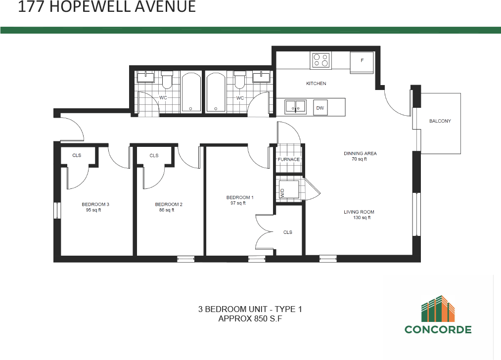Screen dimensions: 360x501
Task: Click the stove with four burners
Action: point(321,60)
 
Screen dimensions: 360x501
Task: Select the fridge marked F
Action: point(362,61)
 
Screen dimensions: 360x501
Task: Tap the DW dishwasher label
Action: point(320,107)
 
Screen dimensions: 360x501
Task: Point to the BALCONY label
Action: point(440,121)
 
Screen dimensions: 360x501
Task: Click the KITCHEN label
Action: point(316,84)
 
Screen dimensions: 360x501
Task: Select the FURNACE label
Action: point(288,160)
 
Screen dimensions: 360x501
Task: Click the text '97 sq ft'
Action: point(238,203)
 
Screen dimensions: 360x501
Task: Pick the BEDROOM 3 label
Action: point(95,204)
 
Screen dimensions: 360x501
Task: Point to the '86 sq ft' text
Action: point(166,210)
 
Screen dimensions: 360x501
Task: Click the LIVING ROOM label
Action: point(359,212)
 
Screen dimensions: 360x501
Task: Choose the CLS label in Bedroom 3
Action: point(77,155)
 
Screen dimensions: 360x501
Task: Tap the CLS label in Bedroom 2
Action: point(154,155)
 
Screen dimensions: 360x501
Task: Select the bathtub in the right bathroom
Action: point(216,92)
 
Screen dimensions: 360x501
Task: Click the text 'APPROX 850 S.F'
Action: point(250,319)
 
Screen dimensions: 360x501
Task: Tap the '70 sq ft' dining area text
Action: point(360,159)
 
